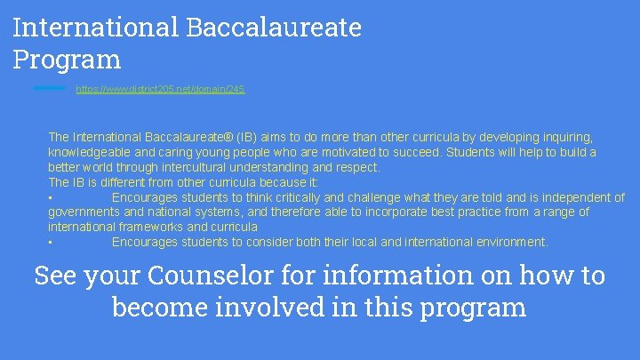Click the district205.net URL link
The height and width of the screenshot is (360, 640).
[x=160, y=89]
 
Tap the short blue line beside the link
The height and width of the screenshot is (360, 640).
[x=49, y=88]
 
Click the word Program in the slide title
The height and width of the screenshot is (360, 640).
[x=67, y=60]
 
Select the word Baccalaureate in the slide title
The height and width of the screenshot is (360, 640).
[x=274, y=27]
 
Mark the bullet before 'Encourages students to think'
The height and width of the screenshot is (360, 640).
[x=51, y=198]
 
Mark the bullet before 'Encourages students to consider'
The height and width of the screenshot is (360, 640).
[x=51, y=243]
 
